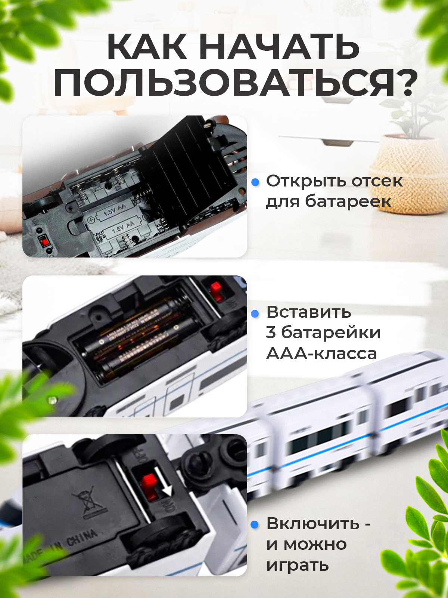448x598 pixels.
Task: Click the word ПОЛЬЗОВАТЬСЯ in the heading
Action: coord(224,83)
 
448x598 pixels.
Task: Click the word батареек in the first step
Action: coord(348,201)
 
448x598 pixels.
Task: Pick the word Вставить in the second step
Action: coord(309,312)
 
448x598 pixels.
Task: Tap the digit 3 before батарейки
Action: coord(271,333)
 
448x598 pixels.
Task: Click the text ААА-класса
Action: coord(321,354)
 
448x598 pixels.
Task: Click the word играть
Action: coord(298,565)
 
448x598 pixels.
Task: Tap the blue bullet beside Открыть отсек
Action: coord(255,182)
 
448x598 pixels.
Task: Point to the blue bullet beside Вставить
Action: coord(255,314)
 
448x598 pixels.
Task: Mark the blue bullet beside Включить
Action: coord(255,525)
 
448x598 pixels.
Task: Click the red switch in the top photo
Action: coord(45,241)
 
